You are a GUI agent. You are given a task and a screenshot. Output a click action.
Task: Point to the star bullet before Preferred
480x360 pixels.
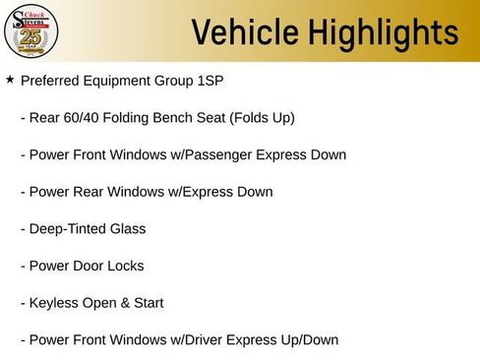(10, 79)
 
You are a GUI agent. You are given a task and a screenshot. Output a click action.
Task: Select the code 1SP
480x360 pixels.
(211, 81)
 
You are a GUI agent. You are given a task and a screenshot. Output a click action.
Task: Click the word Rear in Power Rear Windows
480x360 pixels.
(90, 192)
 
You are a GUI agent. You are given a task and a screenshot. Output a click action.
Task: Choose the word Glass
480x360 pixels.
(127, 229)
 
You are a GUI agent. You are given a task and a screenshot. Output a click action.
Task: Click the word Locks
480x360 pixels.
(125, 266)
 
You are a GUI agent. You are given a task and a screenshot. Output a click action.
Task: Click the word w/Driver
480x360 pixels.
(186, 340)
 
